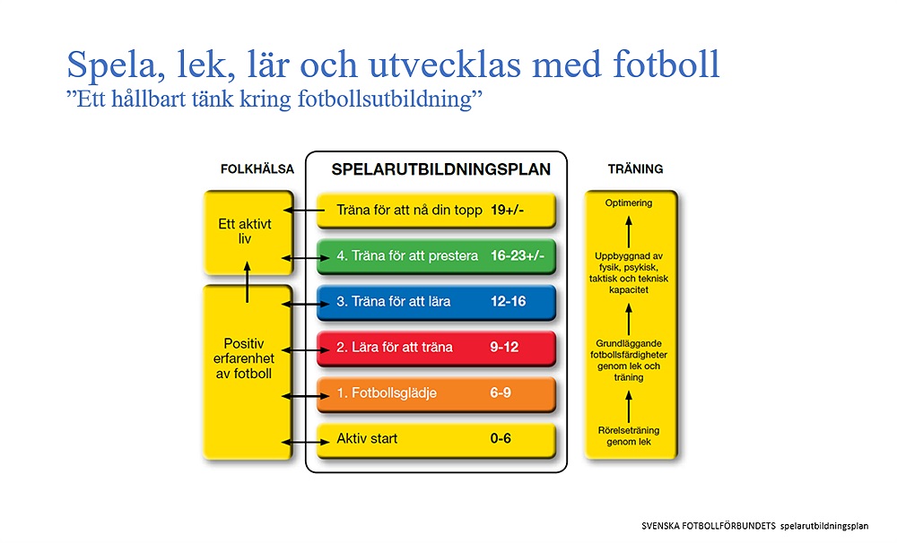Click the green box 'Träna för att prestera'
point(436,256)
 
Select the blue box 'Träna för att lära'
point(436,302)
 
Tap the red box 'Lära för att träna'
point(436,348)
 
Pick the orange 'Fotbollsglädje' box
point(436,393)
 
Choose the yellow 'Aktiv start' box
point(436,440)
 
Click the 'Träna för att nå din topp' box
point(436,211)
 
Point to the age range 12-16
point(508,301)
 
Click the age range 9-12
point(504,347)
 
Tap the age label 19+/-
point(507,210)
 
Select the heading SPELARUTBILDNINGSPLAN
point(440,169)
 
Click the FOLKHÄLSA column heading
point(257,168)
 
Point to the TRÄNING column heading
point(635,168)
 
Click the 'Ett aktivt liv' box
point(248,232)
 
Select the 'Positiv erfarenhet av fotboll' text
point(244,358)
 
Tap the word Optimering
point(629,203)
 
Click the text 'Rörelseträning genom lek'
point(629,436)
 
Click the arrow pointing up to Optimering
point(629,231)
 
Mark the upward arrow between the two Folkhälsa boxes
point(248,281)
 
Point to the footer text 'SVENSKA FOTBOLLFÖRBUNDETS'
point(709,526)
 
